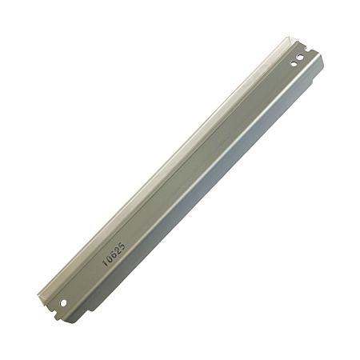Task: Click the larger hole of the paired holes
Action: coord(300,57)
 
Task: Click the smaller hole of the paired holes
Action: coord(294,64)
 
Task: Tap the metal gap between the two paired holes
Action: coord(297,60)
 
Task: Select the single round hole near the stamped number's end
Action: coord(63,302)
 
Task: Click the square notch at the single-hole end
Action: coord(54,311)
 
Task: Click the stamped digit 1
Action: coord(106,263)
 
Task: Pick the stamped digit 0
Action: coord(110,258)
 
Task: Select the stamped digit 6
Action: coord(114,254)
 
